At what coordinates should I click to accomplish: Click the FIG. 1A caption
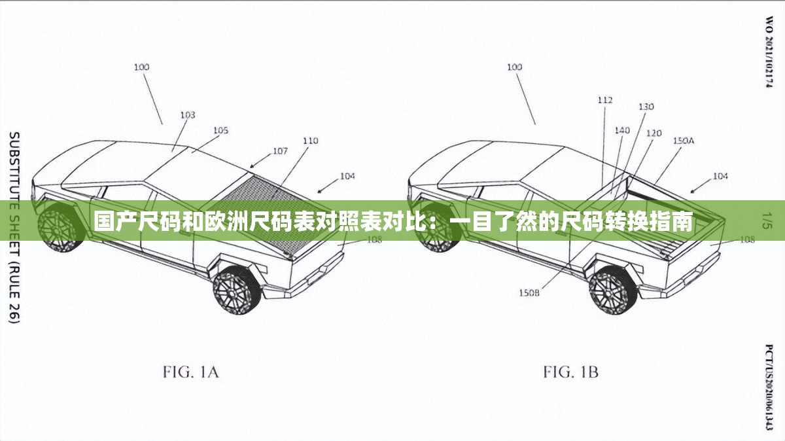click(190, 373)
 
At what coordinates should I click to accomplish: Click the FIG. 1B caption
click(570, 373)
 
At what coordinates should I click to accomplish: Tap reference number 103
click(187, 115)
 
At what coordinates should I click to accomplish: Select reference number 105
click(220, 131)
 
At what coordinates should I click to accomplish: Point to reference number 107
click(280, 151)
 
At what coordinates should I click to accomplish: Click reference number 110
click(310, 141)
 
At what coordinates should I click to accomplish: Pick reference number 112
click(605, 100)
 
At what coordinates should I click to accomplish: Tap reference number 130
click(646, 107)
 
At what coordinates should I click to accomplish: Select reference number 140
click(622, 130)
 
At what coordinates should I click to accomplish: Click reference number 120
click(654, 133)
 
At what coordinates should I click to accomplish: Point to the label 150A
click(684, 141)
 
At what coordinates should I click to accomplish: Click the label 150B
click(529, 293)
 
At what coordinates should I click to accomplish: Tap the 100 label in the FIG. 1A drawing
click(141, 67)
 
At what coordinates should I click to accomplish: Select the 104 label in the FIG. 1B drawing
click(720, 176)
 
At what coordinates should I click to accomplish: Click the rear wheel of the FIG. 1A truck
click(237, 289)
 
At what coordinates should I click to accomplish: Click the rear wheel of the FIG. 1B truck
click(613, 289)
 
